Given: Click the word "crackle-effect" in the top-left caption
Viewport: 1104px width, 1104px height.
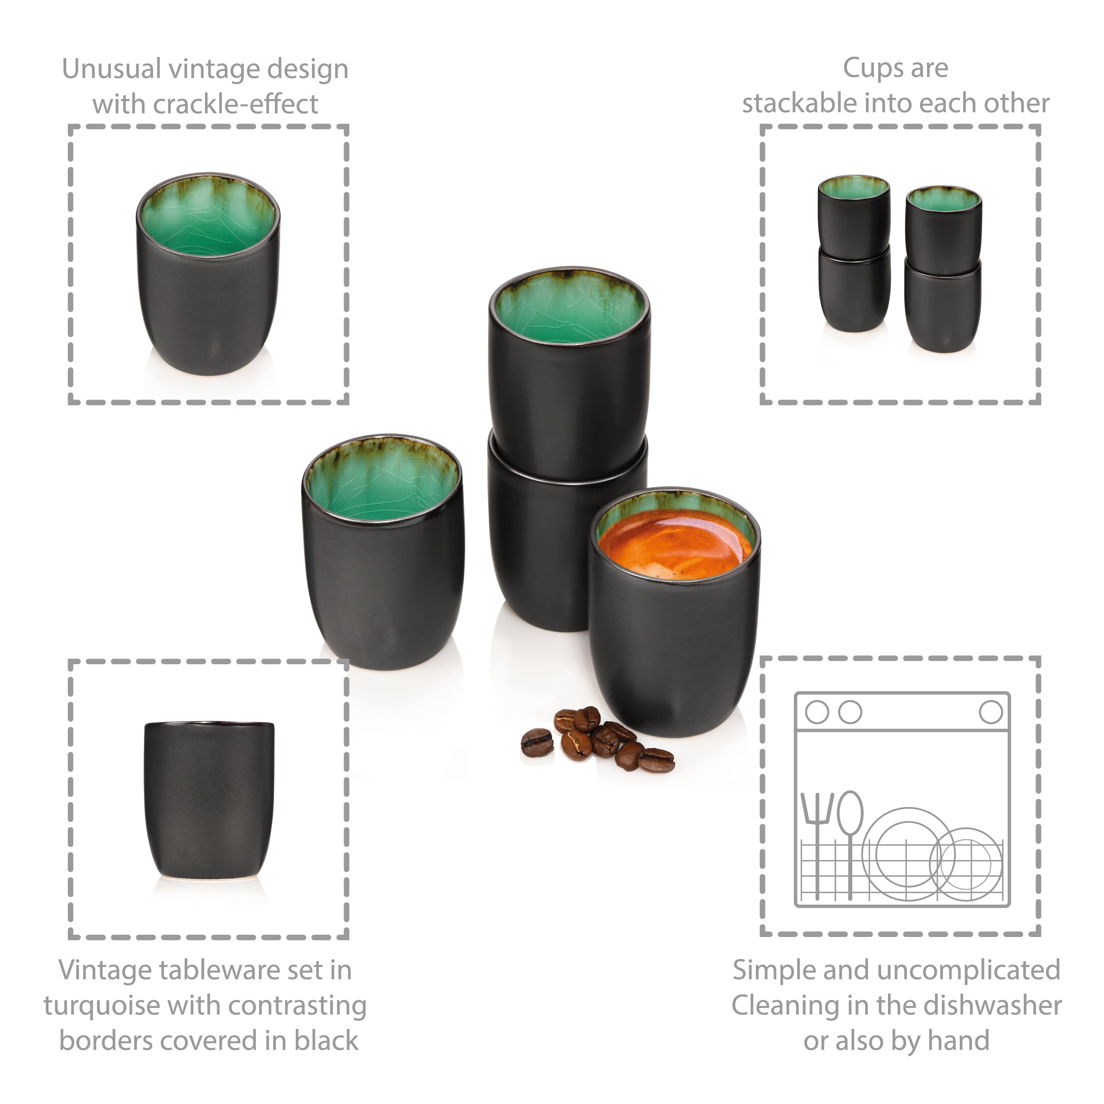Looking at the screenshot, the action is (236, 104).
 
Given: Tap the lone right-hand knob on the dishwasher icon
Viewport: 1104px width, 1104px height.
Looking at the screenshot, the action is (991, 712).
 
